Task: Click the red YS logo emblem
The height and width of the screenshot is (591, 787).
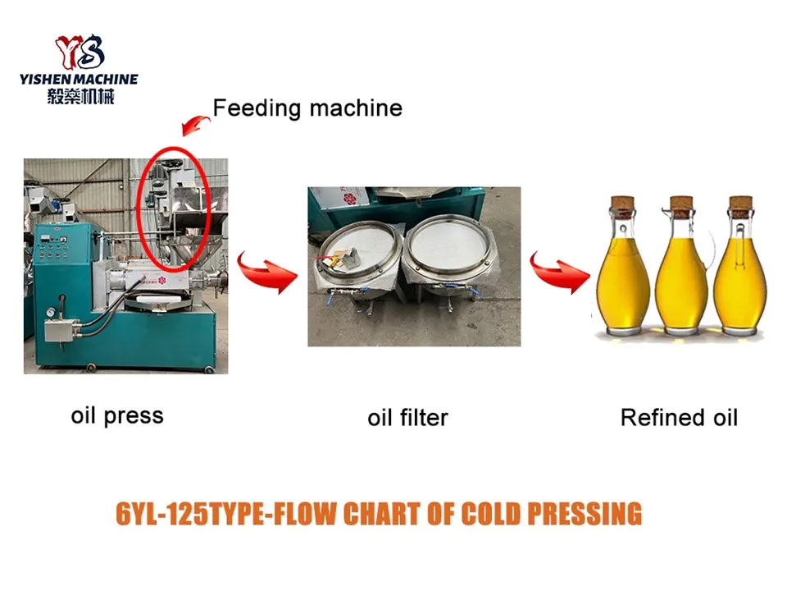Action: point(80,52)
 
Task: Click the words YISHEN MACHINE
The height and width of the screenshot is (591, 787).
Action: point(79,80)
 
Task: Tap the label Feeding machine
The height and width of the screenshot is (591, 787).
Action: point(307,108)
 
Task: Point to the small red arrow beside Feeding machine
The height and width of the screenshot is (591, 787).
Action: point(194,123)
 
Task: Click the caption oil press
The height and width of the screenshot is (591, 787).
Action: point(117,415)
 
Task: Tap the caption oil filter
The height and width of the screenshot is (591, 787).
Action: point(407,418)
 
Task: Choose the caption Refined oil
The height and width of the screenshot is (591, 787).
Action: point(679,418)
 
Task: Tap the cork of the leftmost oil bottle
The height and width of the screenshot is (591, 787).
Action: point(624,204)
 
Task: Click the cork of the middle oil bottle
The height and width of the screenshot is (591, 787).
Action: point(681,204)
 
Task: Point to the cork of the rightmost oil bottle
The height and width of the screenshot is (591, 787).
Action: point(740,204)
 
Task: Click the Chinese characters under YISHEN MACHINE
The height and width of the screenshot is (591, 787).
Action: point(80,96)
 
